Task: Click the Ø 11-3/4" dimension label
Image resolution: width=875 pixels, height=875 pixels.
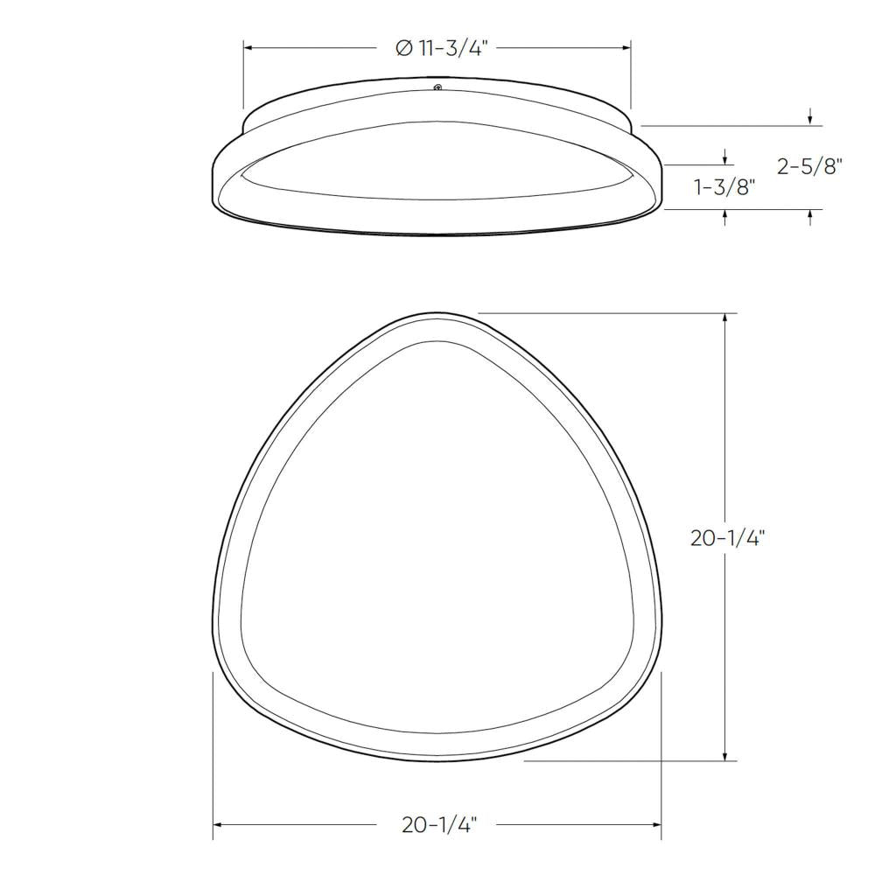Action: pos(441,48)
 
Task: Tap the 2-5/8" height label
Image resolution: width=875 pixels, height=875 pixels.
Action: pos(809,166)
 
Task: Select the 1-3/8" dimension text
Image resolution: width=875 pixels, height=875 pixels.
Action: pos(724,186)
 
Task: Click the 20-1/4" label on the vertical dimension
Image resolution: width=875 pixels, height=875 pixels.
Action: pos(728,538)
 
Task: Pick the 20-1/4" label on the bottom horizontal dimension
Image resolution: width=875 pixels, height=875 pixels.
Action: pos(439,824)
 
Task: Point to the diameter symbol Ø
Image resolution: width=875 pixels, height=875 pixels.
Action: pos(403,49)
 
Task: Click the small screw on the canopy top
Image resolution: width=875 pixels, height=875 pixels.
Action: pos(437,87)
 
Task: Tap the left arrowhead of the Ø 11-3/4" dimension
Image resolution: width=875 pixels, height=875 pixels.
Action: pos(248,48)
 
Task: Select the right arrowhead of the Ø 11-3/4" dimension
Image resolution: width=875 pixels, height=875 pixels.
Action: pos(626,48)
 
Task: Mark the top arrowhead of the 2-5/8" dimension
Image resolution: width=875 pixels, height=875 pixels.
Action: pos(810,120)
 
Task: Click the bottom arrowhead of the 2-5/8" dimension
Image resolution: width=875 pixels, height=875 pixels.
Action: pos(810,215)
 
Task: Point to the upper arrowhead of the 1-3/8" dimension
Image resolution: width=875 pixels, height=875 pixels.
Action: pos(725,158)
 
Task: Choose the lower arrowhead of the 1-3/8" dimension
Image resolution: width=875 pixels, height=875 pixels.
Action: pos(725,215)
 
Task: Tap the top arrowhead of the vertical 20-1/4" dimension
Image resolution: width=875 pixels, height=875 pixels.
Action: pos(725,318)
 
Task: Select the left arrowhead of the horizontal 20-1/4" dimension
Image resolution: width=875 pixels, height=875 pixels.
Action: pos(219,824)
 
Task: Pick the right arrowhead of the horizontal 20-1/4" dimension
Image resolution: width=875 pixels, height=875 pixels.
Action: pos(655,824)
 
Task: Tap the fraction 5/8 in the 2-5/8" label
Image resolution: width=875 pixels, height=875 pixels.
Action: pos(822,166)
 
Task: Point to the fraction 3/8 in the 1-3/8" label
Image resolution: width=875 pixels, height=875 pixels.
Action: pos(733,186)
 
